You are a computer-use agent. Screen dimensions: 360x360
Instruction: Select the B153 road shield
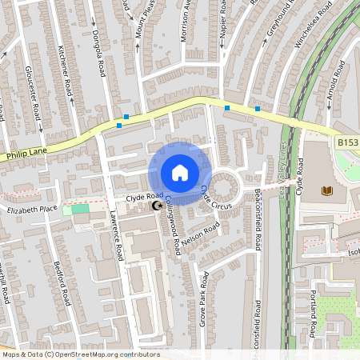click(x=346, y=142)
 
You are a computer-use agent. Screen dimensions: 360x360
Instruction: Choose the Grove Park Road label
click(x=206, y=301)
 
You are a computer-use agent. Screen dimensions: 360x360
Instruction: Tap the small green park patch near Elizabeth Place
click(x=80, y=210)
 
